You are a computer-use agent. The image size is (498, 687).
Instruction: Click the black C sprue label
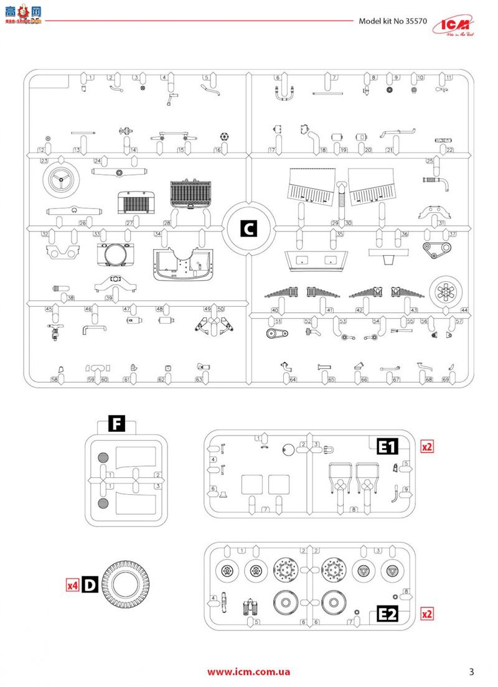pos(248,228)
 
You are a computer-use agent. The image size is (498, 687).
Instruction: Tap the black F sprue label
pos(116,425)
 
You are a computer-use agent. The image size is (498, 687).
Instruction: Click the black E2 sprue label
pos(388,614)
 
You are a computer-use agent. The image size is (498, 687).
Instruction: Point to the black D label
pos(90,584)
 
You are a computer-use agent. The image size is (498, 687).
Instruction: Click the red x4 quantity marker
pos(73,585)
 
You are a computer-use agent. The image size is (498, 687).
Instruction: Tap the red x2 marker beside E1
pos(427,447)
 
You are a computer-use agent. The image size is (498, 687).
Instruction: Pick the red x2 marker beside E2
pos(427,614)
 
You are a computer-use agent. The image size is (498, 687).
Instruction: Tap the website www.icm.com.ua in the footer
pos(248,671)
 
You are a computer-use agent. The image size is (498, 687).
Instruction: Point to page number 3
pos(471,671)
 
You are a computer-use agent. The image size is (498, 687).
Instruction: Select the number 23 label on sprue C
pos(45,161)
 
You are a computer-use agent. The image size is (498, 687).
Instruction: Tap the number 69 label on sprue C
pos(446,380)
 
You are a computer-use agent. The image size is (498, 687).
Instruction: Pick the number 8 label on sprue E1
pos(354,510)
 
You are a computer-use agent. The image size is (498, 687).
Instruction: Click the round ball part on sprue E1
pos(288,451)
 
